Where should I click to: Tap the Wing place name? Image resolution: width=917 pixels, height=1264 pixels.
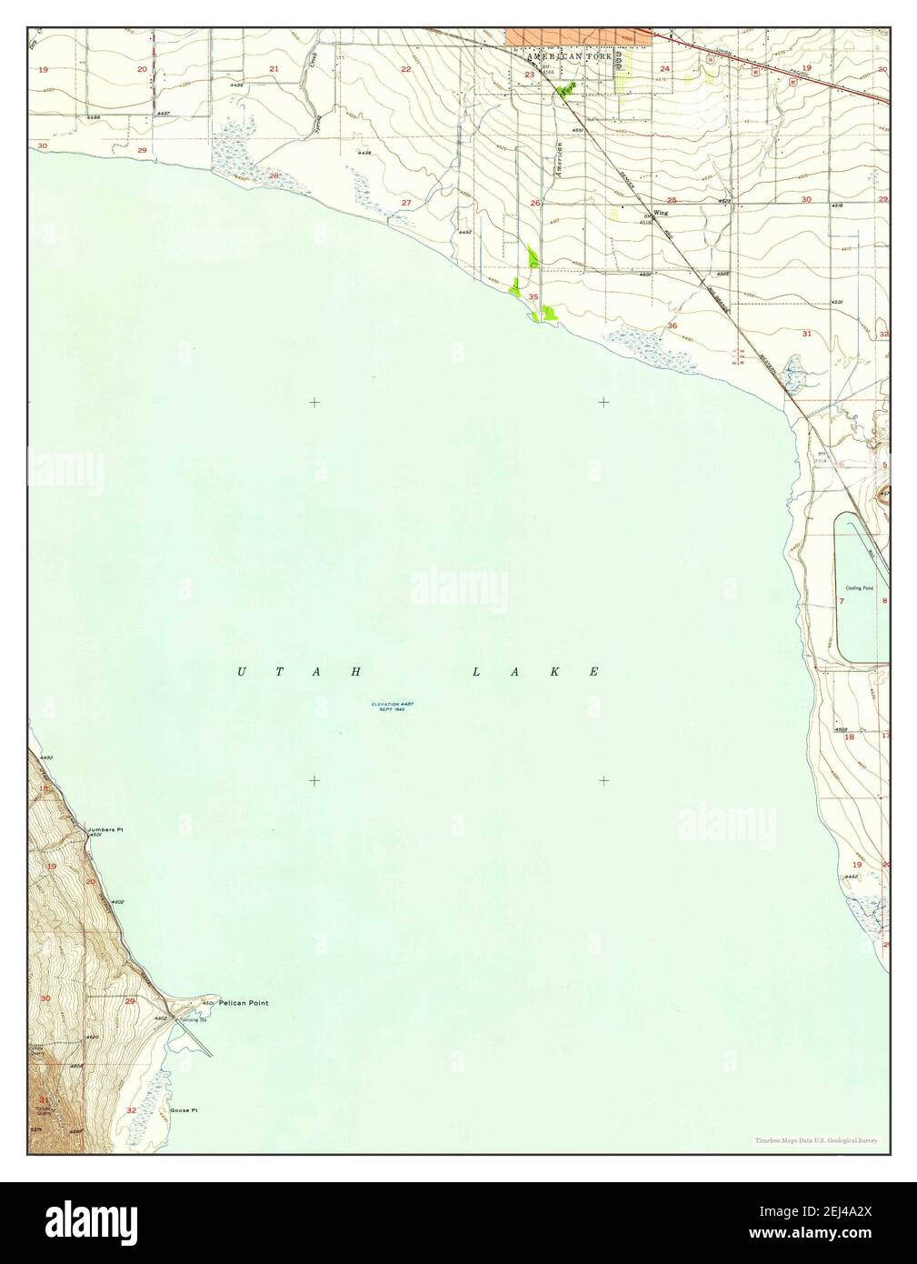click(662, 212)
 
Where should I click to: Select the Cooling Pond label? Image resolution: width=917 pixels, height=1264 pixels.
click(860, 588)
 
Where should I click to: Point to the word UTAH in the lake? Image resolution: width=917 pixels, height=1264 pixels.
click(300, 672)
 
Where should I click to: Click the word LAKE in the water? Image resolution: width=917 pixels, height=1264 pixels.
click(535, 672)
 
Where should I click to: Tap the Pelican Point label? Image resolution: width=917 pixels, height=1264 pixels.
click(244, 1003)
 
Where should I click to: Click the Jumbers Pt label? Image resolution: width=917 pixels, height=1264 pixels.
click(105, 830)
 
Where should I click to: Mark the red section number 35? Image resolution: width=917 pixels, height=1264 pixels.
click(533, 297)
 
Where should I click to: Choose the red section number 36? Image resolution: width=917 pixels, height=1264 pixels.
click(673, 326)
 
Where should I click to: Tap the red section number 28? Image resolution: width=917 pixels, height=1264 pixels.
click(273, 176)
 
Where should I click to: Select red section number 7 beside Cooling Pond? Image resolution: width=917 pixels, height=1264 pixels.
click(842, 602)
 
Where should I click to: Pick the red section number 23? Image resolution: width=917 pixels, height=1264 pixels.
click(529, 75)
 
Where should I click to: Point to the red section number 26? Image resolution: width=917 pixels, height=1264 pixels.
click(536, 203)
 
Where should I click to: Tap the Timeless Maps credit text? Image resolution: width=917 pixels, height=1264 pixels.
click(815, 1140)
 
